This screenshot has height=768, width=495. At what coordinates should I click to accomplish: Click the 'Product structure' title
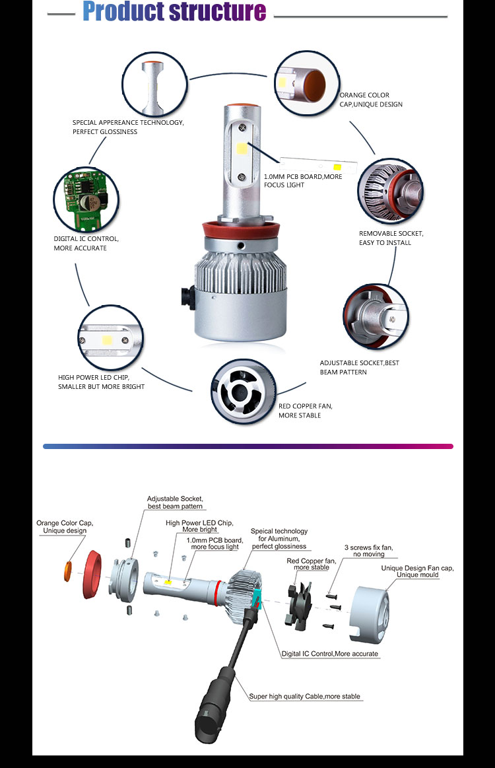click(174, 13)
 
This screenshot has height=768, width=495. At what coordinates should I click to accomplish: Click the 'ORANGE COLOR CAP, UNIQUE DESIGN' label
click(370, 100)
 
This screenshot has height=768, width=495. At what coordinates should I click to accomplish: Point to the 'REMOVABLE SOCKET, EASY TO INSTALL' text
click(391, 238)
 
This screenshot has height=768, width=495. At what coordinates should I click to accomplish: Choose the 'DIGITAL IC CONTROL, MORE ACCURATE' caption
click(86, 243)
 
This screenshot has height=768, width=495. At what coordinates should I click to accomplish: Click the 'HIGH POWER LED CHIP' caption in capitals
click(101, 382)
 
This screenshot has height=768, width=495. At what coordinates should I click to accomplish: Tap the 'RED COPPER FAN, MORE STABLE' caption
click(305, 410)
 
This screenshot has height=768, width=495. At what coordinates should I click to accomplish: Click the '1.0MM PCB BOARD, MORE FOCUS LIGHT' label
click(303, 180)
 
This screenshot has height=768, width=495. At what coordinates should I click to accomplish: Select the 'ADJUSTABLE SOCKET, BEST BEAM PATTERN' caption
click(359, 367)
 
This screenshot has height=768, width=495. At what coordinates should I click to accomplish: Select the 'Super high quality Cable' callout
click(304, 696)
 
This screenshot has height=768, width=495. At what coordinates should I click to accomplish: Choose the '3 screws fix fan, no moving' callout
click(364, 551)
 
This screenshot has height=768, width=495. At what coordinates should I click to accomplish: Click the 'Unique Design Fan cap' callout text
click(417, 571)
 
